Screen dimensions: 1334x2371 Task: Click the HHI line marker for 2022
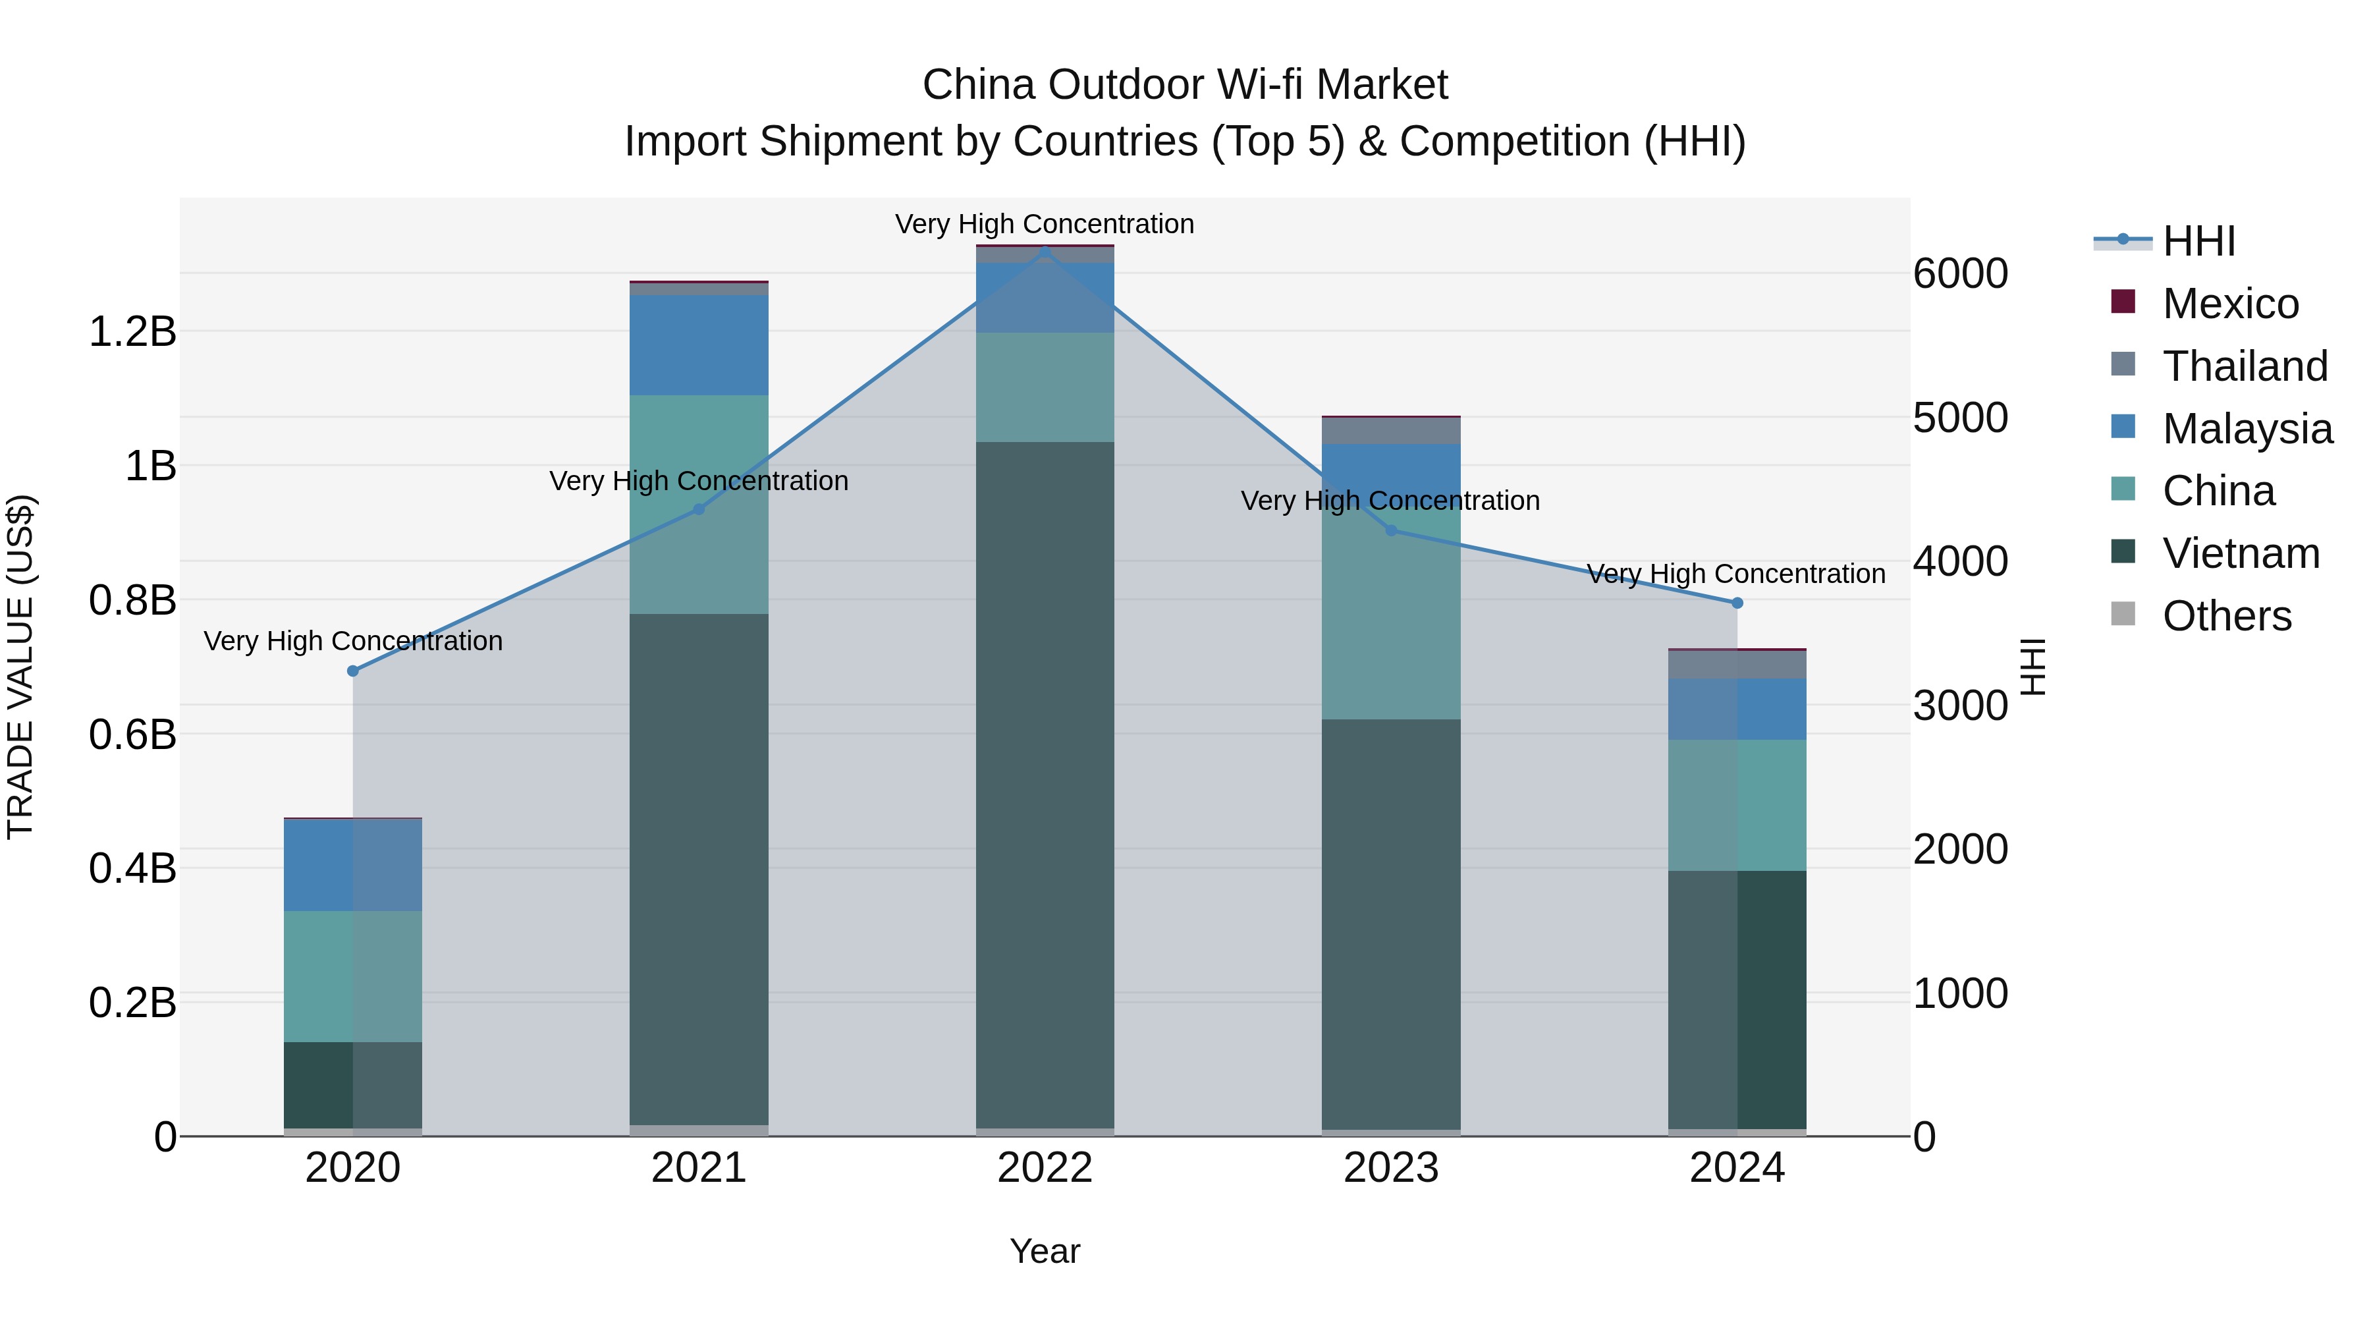click(1045, 250)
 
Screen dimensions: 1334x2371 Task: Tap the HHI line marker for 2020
click(352, 671)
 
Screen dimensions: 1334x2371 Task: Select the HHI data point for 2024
click(1737, 603)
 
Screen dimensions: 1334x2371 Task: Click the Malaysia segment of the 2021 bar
click(699, 345)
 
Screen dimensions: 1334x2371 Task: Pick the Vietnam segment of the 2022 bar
click(1045, 783)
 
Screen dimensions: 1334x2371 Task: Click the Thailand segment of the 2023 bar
click(1391, 431)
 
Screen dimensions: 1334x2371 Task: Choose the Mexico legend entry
click(2229, 304)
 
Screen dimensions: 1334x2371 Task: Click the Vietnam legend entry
click(2241, 553)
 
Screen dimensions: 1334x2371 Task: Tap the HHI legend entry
click(2198, 241)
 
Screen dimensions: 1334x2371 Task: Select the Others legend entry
click(2225, 616)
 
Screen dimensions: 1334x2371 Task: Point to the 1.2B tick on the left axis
click(132, 331)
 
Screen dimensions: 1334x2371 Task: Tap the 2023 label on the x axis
click(1391, 1168)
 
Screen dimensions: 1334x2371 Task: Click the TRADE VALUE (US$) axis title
click(20, 667)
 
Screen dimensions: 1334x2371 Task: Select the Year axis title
click(1045, 1251)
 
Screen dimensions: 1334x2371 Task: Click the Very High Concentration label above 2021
click(699, 481)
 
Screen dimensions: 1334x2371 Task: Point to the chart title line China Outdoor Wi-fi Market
click(1185, 85)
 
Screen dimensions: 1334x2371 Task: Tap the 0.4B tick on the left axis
click(132, 868)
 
